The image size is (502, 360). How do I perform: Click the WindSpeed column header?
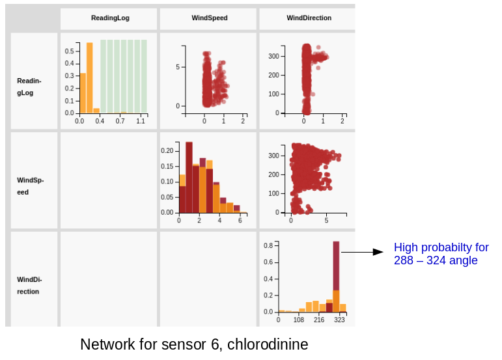pos(210,18)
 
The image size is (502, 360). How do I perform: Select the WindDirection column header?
pos(309,18)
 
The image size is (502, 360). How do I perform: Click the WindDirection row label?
pos(28,285)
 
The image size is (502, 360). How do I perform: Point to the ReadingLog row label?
pos(29,87)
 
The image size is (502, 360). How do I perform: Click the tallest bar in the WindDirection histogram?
pos(336,273)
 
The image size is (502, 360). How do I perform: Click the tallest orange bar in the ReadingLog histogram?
pos(90,78)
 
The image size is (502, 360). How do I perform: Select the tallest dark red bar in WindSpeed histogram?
pos(189,176)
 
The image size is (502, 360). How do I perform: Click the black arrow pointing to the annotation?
pos(362,252)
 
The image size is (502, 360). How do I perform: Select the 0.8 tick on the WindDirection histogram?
pos(268,246)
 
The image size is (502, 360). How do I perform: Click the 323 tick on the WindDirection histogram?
pos(339,320)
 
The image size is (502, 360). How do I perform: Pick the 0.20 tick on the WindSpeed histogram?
pos(167,151)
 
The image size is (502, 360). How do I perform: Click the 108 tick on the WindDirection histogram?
pos(299,320)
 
